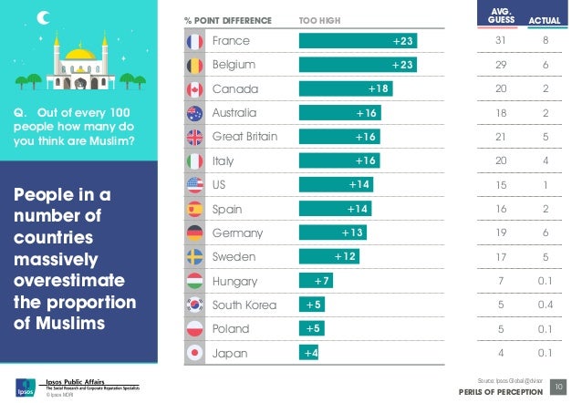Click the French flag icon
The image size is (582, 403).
pos(193,42)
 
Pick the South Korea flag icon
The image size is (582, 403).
pos(193,305)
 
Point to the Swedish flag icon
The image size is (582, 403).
pos(193,257)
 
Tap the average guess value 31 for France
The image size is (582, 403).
pos(499,42)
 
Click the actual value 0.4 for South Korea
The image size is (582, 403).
pos(545,305)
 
